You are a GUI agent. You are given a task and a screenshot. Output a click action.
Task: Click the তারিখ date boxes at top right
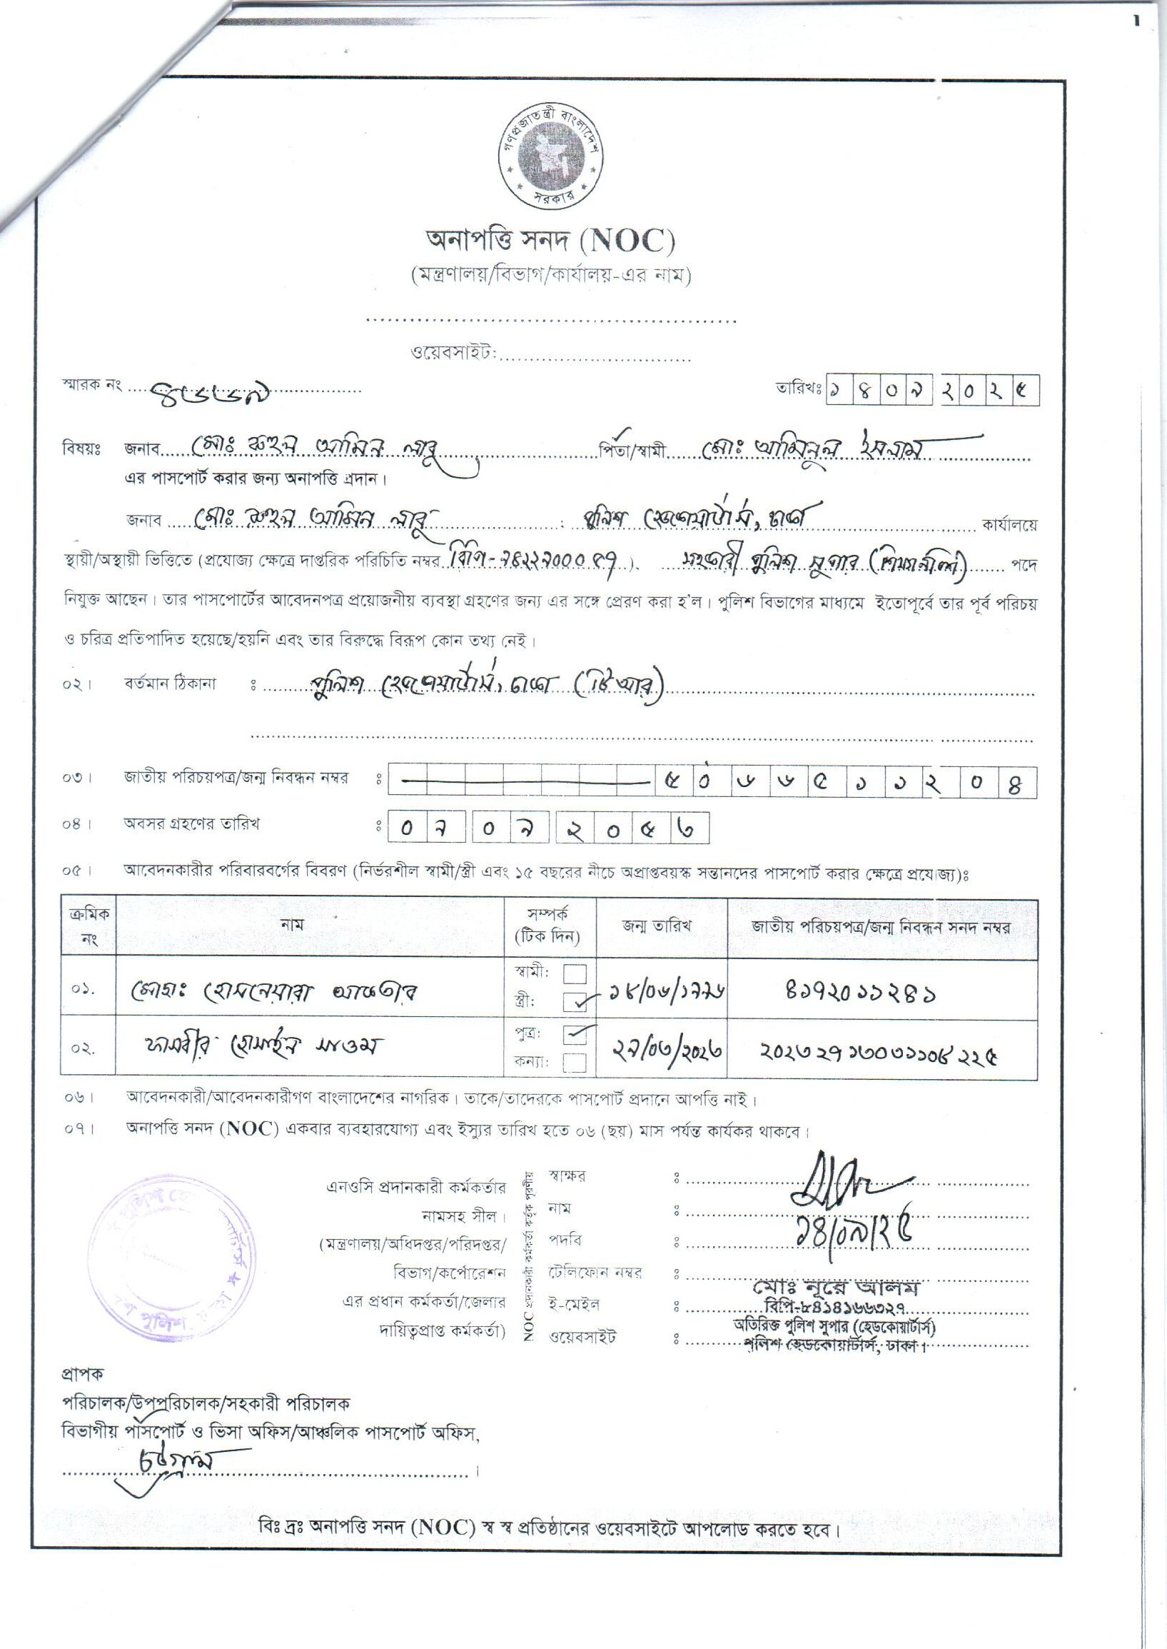click(933, 391)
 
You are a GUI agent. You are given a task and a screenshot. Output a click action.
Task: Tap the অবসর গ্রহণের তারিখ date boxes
click(548, 828)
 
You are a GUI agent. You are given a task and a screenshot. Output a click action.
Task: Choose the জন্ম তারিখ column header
click(657, 926)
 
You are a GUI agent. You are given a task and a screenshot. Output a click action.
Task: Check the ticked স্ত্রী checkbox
click(575, 1001)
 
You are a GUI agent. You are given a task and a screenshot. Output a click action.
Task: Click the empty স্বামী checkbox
click(574, 974)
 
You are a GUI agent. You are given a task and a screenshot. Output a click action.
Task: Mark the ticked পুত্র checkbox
click(575, 1034)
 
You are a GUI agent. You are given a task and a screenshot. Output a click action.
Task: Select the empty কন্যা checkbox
click(575, 1062)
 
